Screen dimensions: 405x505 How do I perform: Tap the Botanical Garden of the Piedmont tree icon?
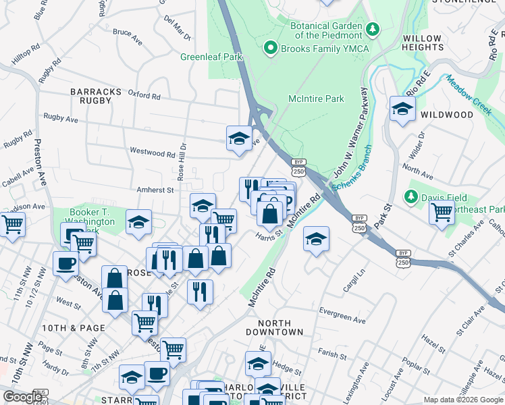click(x=372, y=30)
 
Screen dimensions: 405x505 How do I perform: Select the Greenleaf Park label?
click(x=211, y=57)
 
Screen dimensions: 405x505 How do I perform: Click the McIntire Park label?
click(x=316, y=99)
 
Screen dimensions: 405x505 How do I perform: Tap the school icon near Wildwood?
click(x=402, y=109)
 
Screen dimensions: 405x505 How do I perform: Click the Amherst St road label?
click(x=156, y=190)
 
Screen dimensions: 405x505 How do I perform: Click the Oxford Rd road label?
click(x=144, y=96)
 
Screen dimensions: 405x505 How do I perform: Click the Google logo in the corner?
click(x=22, y=397)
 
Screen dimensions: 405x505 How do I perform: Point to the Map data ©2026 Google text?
click(x=462, y=400)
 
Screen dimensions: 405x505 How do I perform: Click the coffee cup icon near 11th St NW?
click(x=66, y=263)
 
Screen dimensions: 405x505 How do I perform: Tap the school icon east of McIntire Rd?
click(x=315, y=239)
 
